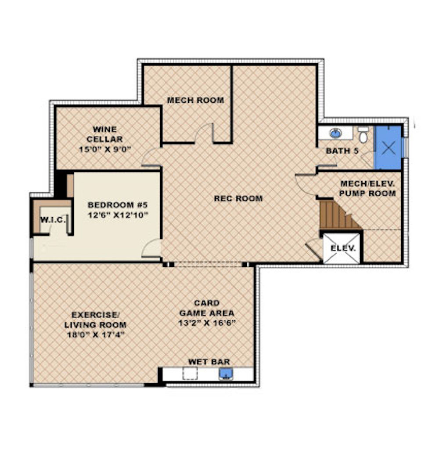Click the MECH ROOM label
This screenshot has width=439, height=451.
(195, 100)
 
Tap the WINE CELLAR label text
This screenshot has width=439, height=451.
(105, 134)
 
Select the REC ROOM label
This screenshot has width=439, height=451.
(238, 198)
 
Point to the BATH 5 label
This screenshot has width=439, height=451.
(342, 151)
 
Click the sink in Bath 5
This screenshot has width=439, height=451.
(335, 133)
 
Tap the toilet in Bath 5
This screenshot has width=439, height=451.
(363, 135)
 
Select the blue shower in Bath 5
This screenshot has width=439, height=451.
(388, 148)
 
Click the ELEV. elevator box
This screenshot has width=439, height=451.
(342, 248)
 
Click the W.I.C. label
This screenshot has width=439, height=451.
(53, 220)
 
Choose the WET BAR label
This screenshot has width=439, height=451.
(209, 362)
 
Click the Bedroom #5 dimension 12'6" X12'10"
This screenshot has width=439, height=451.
(118, 215)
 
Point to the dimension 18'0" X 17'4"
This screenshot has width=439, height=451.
(95, 335)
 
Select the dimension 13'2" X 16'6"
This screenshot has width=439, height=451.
(207, 323)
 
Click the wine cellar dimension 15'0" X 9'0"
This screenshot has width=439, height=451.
(105, 149)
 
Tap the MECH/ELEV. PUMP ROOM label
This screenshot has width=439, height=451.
(367, 189)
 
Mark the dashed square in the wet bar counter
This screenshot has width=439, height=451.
(190, 374)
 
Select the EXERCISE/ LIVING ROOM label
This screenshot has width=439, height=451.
(95, 320)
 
